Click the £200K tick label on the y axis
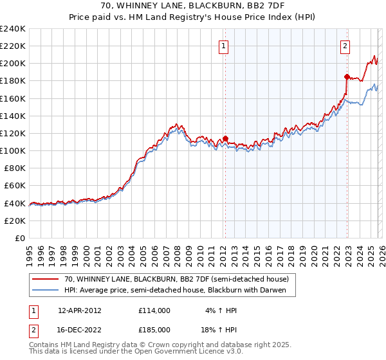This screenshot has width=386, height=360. (12, 64)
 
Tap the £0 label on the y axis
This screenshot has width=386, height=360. (20, 238)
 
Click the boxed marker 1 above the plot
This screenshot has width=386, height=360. (223, 46)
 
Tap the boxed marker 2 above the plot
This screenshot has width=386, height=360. (345, 46)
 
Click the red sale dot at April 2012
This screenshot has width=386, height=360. (225, 138)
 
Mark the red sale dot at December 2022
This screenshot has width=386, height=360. (347, 76)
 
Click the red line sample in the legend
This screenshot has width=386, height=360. (46, 279)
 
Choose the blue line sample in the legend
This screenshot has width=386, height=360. (46, 290)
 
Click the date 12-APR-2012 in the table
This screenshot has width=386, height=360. (79, 310)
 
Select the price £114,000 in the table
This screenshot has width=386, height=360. (154, 310)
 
